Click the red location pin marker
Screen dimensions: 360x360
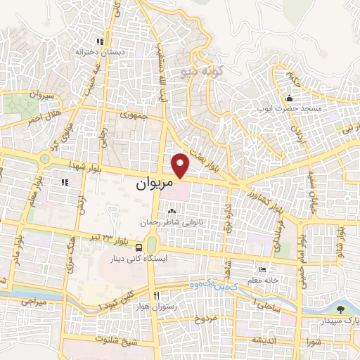tap(181, 163)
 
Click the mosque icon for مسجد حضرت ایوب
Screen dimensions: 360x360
tap(290, 98)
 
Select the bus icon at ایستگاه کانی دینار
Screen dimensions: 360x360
tap(139, 247)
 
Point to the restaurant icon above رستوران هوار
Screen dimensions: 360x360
tap(157, 295)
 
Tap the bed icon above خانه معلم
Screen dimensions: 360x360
tap(263, 270)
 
